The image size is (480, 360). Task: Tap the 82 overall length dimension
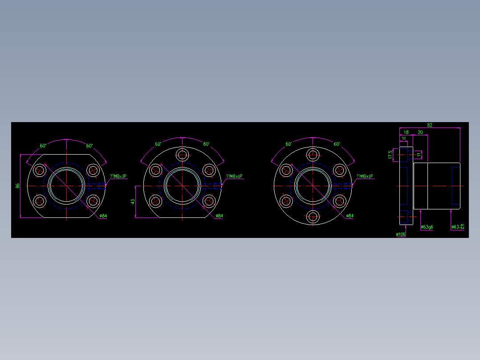pyautogui.click(x=430, y=125)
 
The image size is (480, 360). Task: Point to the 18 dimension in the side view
pyautogui.click(x=406, y=132)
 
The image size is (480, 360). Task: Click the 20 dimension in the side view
pyautogui.click(x=420, y=132)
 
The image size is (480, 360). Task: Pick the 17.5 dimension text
pyautogui.click(x=390, y=155)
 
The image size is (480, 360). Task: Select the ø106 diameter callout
pyautogui.click(x=401, y=234)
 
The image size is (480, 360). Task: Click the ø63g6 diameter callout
pyautogui.click(x=427, y=227)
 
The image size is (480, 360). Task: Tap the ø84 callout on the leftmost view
pyautogui.click(x=103, y=216)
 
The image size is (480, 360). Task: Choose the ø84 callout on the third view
pyautogui.click(x=350, y=216)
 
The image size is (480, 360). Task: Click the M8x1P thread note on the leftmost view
pyautogui.click(x=118, y=176)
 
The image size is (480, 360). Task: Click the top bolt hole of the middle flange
pyautogui.click(x=182, y=155)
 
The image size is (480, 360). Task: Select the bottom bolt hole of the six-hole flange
pyautogui.click(x=313, y=217)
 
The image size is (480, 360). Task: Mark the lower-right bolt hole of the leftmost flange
pyautogui.click(x=93, y=201)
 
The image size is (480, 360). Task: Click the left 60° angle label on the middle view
pyautogui.click(x=159, y=144)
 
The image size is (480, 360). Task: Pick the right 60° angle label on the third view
pyautogui.click(x=337, y=144)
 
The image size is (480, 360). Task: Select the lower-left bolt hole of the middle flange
pyautogui.click(x=156, y=201)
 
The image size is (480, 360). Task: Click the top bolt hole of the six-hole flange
pyautogui.click(x=313, y=155)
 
